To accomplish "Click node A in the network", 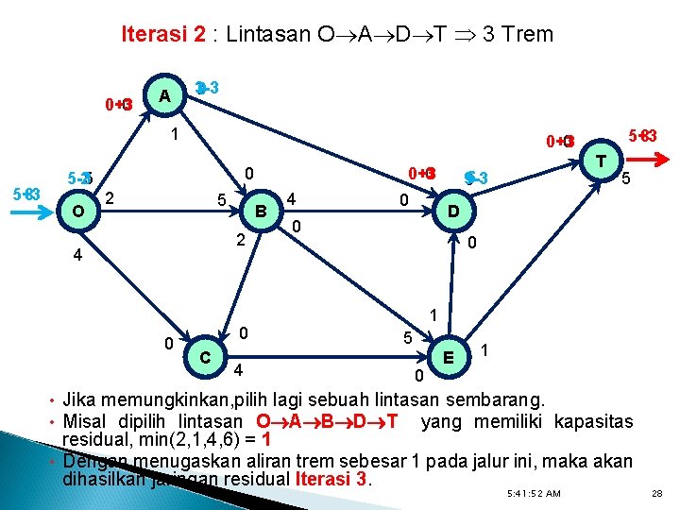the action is pyautogui.click(x=165, y=96).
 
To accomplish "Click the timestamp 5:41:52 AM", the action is pyautogui.click(x=534, y=494).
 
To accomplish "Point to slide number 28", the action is pyautogui.click(x=657, y=494).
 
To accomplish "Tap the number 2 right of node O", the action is pyautogui.click(x=110, y=196).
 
